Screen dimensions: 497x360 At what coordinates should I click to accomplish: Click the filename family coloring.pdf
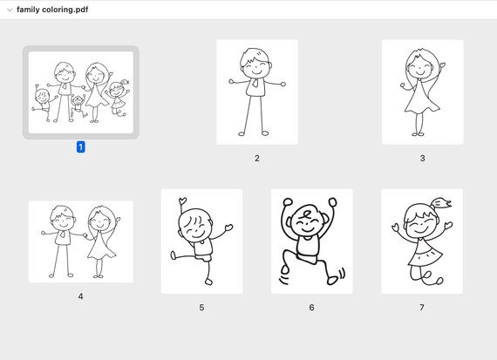coord(52,10)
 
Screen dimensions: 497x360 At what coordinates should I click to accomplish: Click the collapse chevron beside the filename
coord(10,10)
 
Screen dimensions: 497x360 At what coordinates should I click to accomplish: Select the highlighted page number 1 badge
coord(81,147)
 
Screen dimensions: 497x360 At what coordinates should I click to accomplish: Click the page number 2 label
coord(257,158)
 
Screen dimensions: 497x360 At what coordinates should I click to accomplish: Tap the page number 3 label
coord(423,158)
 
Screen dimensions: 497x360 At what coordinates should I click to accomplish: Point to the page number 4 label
coord(81,296)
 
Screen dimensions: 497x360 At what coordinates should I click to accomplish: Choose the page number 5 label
coord(201,308)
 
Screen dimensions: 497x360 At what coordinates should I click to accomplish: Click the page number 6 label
coord(311,308)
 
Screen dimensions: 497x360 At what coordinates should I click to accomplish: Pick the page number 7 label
coord(422,308)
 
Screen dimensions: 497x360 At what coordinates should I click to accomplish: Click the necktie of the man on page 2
coord(255,83)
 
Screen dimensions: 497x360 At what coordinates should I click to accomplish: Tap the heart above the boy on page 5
coord(182,200)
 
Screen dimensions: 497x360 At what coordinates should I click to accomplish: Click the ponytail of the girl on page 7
coord(441,203)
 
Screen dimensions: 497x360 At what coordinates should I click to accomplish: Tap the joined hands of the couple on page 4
coord(85,235)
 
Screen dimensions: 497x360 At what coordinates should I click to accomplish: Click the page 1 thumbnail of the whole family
coord(81,92)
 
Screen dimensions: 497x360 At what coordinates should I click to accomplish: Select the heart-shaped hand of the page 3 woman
coord(442,65)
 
